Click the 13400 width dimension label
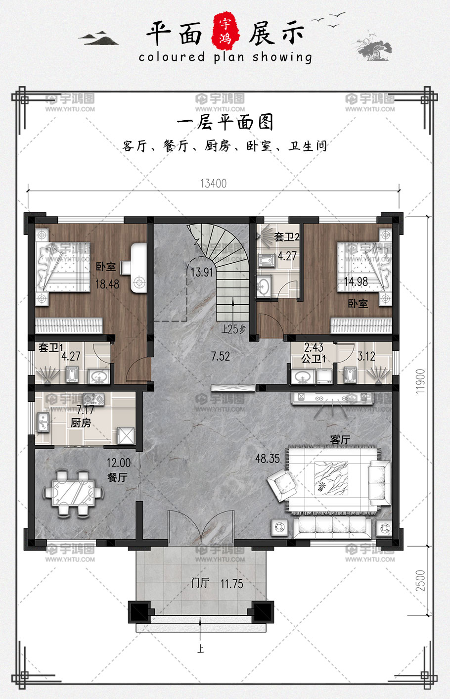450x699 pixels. pos(213,184)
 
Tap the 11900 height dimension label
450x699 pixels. pos(420,381)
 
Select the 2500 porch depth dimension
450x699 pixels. pos(420,580)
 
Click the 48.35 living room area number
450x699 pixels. pos(267,459)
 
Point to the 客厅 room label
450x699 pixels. pos(340,440)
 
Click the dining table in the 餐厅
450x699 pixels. pos(74,493)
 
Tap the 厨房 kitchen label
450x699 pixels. pos(81,423)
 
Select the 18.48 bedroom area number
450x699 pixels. pos(107,284)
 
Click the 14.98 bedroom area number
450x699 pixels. pos(356,282)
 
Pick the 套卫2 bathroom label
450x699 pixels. pos(287,237)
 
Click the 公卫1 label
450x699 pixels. pos(313,359)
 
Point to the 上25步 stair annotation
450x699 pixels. pos(233,329)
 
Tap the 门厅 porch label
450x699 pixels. pos(200,583)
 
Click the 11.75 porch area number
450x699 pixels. pos(232,584)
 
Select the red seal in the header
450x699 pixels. pos(226,32)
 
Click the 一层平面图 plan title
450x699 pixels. pos(225,122)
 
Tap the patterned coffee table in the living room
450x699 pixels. pos(331,478)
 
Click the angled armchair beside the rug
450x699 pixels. pos(281,486)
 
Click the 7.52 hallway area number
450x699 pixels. pos(220,356)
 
